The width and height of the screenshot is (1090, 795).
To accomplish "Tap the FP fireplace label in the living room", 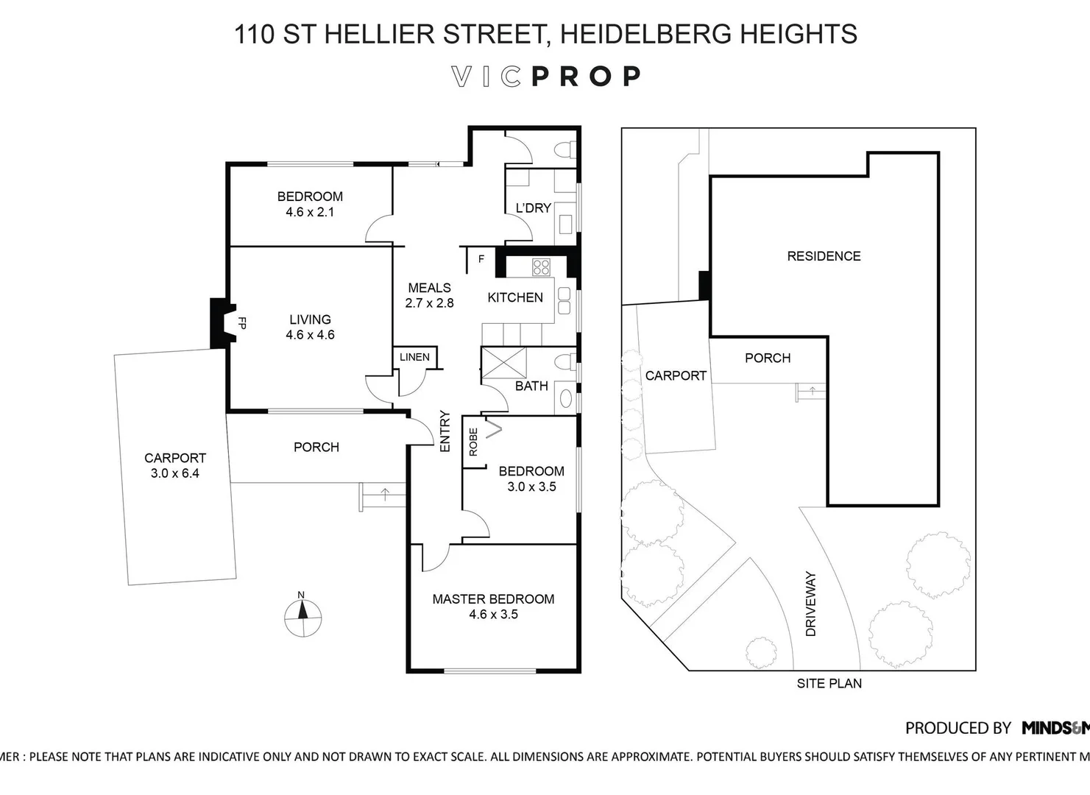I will tap(241, 322).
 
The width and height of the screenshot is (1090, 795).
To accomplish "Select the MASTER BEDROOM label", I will tap(493, 599).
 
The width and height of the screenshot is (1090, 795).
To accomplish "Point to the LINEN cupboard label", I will tap(414, 357).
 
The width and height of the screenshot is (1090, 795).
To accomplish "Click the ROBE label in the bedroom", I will tap(473, 442).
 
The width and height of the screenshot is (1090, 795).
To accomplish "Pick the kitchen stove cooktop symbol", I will tap(541, 266).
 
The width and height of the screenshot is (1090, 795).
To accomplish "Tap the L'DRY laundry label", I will tap(533, 208).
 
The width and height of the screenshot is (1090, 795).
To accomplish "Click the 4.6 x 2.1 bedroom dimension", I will tap(310, 212).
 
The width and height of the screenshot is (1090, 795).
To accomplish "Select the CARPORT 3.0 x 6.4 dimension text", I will tap(175, 473).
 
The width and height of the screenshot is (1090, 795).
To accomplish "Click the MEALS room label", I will tap(429, 288).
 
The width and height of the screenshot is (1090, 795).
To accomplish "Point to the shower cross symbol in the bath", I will tap(504, 362).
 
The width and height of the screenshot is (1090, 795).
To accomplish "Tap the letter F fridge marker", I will tap(481, 259).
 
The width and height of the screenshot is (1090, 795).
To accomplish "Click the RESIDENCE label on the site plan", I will tap(824, 256).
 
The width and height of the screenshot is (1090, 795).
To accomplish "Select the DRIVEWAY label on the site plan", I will tap(811, 604).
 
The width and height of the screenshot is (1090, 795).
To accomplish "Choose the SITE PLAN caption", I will tap(829, 683).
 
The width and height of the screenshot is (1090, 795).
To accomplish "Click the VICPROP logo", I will tap(545, 77).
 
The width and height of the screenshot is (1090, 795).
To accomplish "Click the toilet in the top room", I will tap(564, 149).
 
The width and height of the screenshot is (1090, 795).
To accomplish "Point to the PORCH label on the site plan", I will tap(768, 358).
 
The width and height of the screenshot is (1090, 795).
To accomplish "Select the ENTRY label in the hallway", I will tap(445, 431).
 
